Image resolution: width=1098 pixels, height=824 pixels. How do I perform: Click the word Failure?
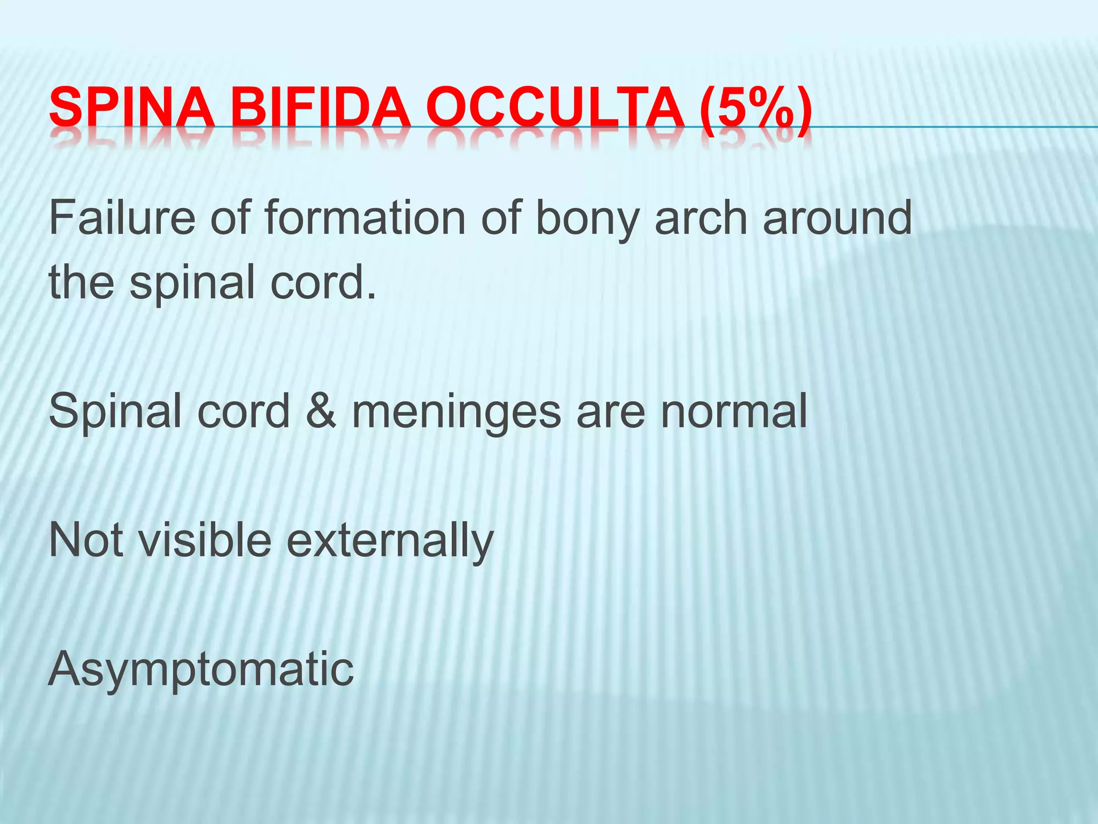click(x=122, y=218)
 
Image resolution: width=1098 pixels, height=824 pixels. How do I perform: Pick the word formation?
click(x=365, y=218)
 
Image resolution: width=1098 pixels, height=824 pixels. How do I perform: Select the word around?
click(x=837, y=218)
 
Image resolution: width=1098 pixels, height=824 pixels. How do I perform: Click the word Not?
click(x=85, y=540)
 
